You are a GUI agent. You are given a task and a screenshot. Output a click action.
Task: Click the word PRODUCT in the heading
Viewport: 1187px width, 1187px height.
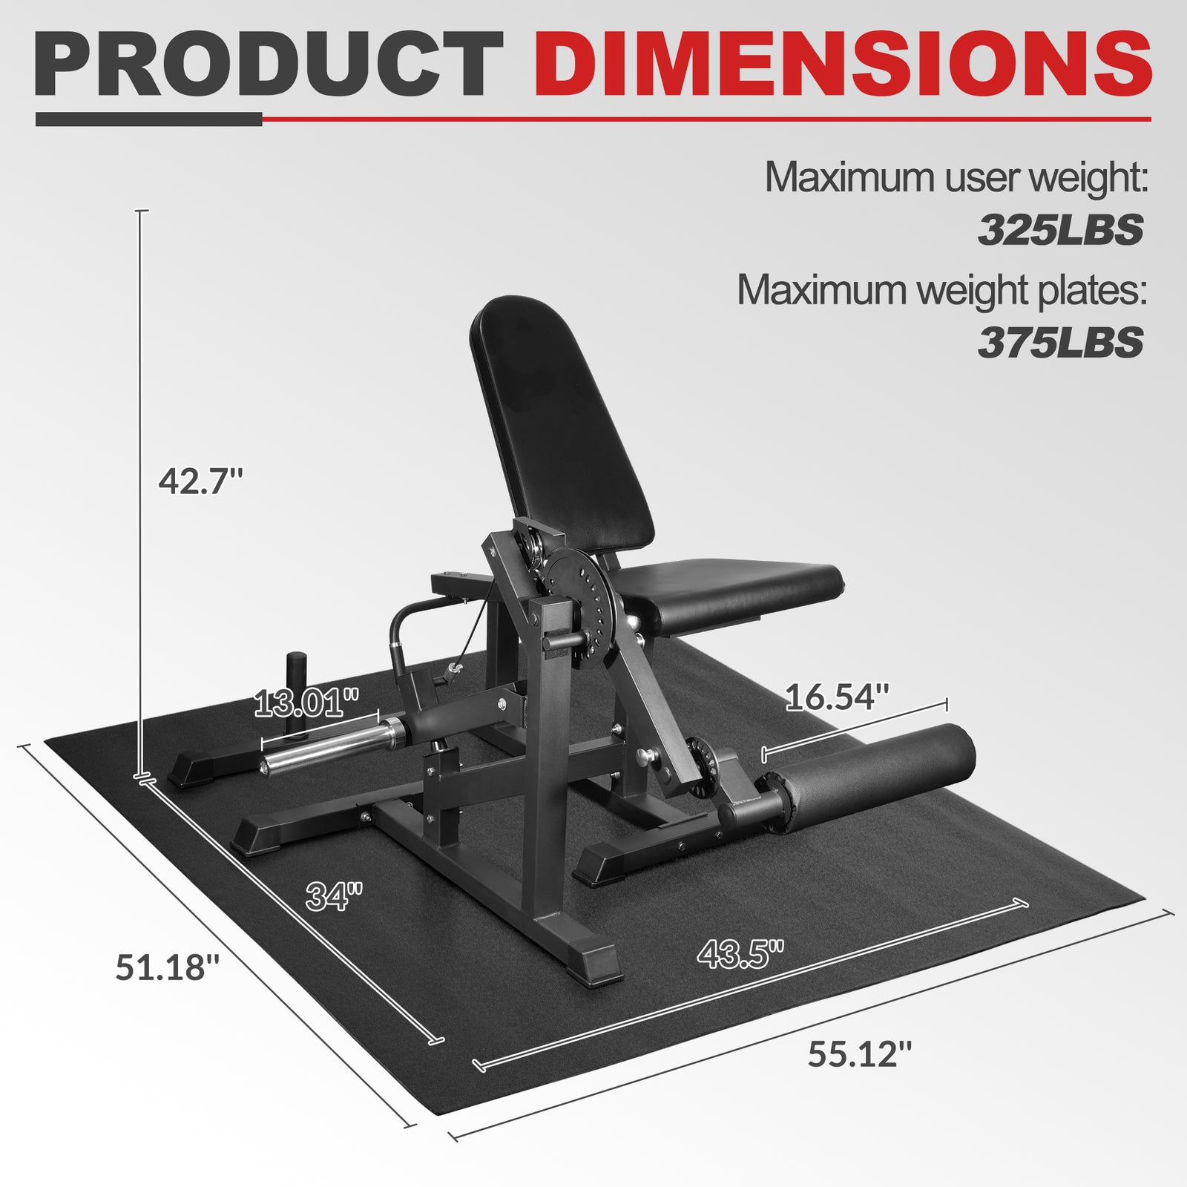point(269,66)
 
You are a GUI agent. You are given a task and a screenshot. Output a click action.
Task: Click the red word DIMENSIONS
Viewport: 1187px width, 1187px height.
point(842,66)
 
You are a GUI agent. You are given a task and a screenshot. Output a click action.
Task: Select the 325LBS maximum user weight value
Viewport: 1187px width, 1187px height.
point(1060,230)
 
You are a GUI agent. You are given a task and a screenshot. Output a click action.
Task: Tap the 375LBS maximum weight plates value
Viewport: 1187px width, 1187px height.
point(1060,342)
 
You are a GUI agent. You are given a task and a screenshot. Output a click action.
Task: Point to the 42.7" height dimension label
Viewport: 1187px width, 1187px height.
point(200,481)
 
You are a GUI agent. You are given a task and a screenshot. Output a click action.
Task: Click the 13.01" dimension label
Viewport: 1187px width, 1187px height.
point(306,703)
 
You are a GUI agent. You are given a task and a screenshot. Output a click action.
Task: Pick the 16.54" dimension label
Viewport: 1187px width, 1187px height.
point(836,697)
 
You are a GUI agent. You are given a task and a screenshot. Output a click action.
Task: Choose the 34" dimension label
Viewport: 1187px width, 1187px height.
point(335,896)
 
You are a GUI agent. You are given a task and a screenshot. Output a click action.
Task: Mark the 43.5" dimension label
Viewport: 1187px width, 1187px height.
point(740,953)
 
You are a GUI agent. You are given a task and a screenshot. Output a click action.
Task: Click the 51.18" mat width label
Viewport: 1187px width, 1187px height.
point(168,967)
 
